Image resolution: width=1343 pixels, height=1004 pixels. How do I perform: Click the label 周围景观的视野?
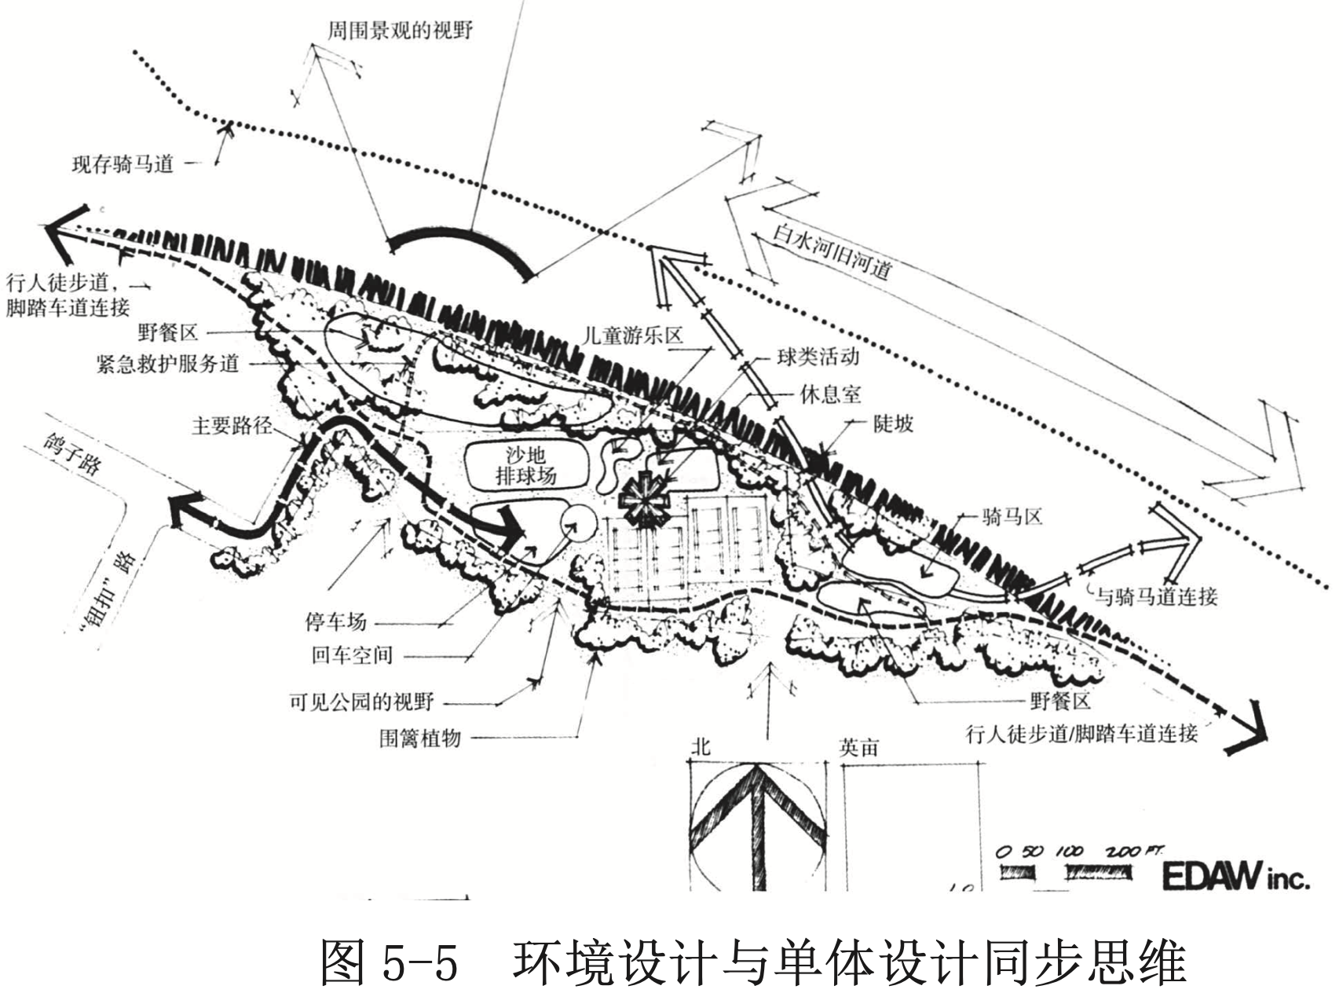400,31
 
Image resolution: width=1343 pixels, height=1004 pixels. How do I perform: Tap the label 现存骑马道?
123,164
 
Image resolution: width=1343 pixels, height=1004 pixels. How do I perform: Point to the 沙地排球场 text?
525,464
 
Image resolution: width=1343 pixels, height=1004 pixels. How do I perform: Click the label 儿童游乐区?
633,335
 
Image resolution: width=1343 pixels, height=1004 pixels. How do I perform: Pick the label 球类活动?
818,357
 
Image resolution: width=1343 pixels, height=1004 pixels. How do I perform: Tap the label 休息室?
830,394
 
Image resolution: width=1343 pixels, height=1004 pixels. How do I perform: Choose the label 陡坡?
894,424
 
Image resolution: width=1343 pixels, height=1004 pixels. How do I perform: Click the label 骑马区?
1012,517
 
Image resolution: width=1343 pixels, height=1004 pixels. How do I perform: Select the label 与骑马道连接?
1156,597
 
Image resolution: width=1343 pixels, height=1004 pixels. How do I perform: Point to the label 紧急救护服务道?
167,364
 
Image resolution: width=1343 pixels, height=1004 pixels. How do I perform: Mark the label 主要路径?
232,426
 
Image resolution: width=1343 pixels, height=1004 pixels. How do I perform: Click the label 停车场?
335,622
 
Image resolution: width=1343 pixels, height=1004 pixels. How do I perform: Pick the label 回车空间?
352,655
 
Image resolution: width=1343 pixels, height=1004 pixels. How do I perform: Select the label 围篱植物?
419,738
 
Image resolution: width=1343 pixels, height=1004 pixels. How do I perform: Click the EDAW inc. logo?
1235,876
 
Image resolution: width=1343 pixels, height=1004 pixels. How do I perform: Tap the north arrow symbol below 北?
757,825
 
